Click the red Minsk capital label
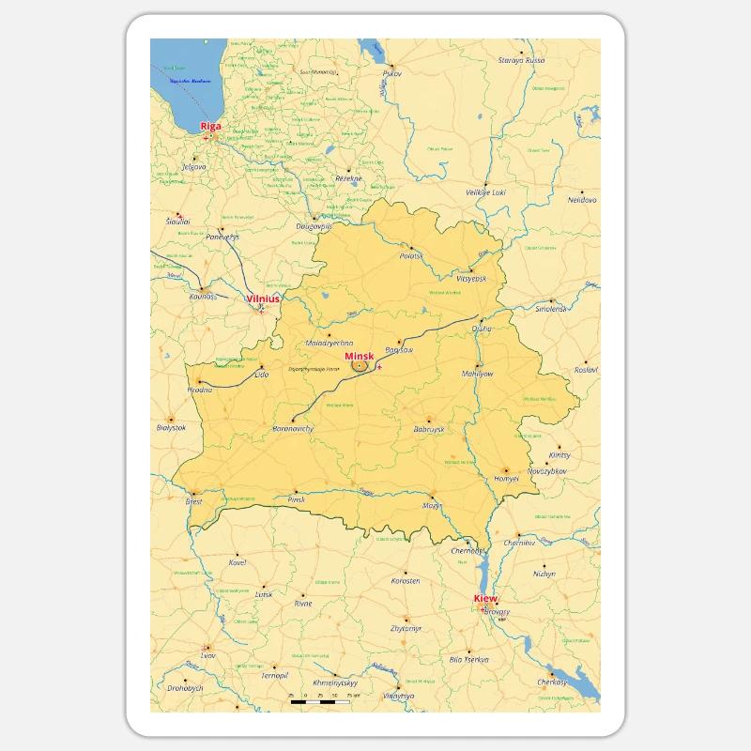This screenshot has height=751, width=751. (359, 357)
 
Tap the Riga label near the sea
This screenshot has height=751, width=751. (210, 125)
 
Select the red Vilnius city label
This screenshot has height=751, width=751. (263, 298)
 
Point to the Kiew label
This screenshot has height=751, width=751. (485, 598)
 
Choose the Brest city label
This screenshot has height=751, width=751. (194, 501)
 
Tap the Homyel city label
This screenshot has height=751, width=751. (507, 478)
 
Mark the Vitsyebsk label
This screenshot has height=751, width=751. (471, 279)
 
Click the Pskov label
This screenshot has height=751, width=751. (391, 73)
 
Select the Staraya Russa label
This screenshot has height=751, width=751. (521, 60)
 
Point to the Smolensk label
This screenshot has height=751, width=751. (551, 308)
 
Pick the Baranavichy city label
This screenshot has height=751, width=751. (293, 428)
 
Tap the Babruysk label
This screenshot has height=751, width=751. (427, 428)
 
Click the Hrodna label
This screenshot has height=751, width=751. (200, 389)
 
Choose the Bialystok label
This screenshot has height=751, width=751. (171, 427)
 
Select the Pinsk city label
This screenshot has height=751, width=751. (297, 499)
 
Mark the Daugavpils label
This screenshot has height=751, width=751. (314, 226)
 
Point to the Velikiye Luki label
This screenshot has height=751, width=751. (485, 192)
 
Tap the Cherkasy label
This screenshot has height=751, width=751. (553, 682)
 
